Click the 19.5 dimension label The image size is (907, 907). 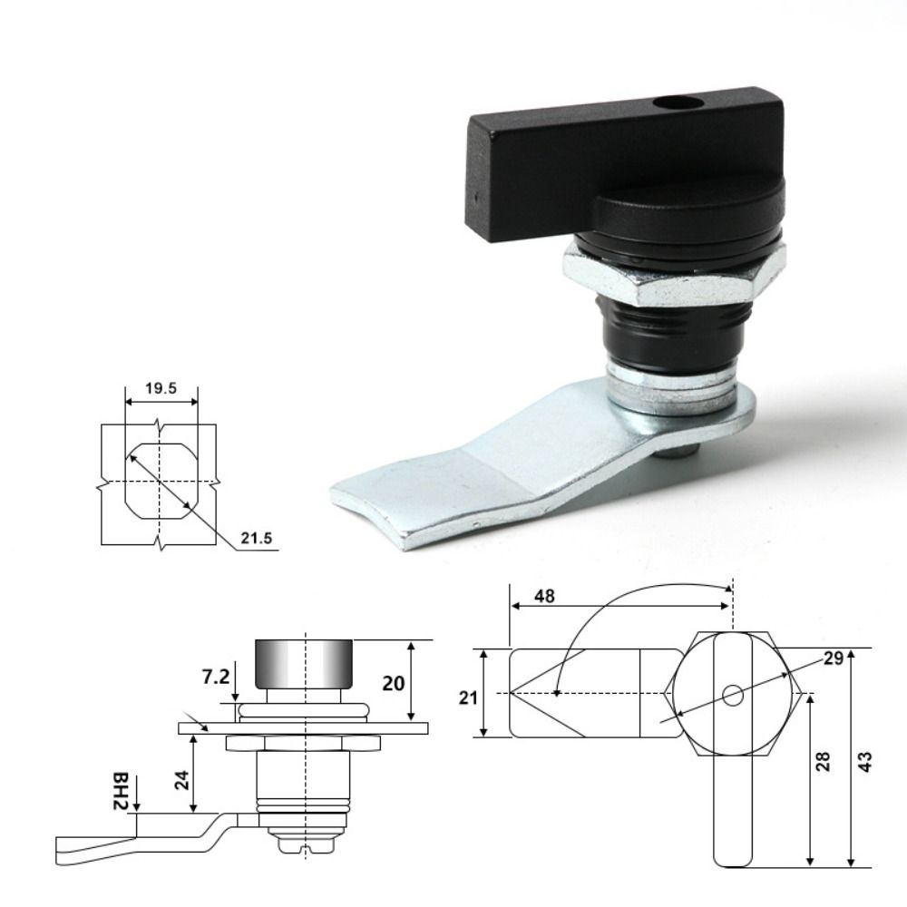[x=161, y=388]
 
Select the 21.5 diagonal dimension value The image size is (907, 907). [x=257, y=539]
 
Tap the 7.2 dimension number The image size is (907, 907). [x=216, y=677]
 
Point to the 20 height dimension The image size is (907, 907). [x=394, y=684]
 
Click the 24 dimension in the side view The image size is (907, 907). [x=182, y=780]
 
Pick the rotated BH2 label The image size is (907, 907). [x=120, y=791]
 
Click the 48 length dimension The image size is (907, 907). [x=543, y=596]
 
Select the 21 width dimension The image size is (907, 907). [x=468, y=697]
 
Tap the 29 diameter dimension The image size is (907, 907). [x=833, y=658]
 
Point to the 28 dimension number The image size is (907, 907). [x=823, y=761]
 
